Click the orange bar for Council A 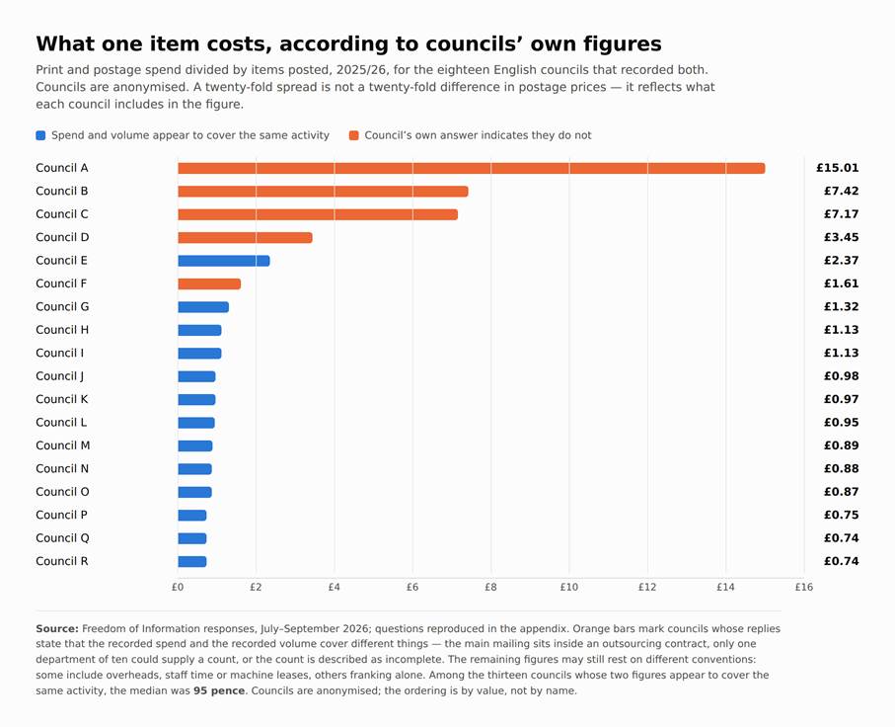[472, 168]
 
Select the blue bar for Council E [224, 261]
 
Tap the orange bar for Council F [209, 284]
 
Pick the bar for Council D [246, 238]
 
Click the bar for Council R [192, 562]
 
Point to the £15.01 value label [838, 168]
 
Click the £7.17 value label [841, 214]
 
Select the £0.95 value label [841, 423]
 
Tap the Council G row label [62, 307]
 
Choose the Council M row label [63, 445]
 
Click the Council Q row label [62, 538]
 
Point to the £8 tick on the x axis [490, 587]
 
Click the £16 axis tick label [804, 587]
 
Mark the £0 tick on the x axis [178, 587]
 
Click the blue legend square [40, 135]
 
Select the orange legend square [354, 135]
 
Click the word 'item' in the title [171, 44]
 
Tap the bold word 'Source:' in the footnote [57, 628]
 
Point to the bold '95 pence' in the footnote [219, 690]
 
